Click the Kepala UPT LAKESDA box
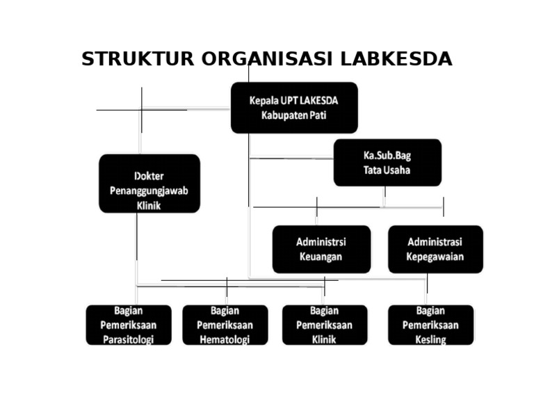[294, 108]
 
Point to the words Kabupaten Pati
[294, 115]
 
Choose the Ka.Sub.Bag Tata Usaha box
[387, 163]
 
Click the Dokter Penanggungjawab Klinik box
[149, 184]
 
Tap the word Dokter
[149, 176]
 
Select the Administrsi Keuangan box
[321, 249]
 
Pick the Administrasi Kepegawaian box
[435, 249]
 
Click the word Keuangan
[321, 257]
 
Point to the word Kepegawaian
[435, 257]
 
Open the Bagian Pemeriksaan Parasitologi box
[129, 325]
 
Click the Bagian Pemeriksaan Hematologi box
[225, 325]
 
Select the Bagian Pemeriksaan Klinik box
[325, 325]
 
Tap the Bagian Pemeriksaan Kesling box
[430, 325]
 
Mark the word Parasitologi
[128, 339]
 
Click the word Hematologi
[225, 339]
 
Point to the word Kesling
[430, 339]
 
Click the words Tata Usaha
[387, 170]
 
